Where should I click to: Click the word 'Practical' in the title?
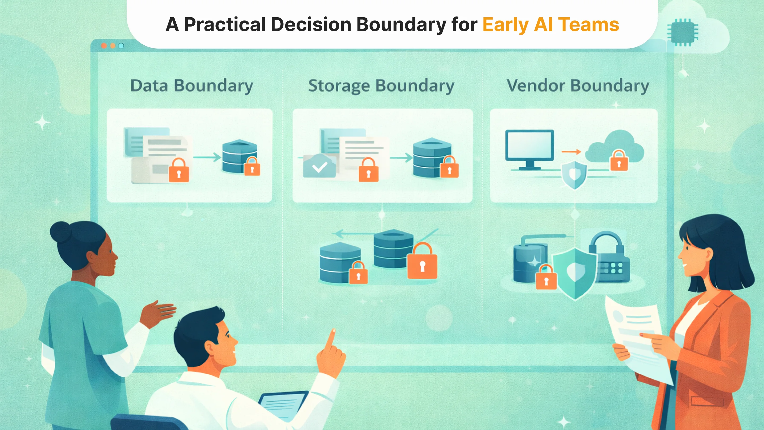click(x=225, y=24)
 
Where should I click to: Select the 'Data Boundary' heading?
click(x=192, y=86)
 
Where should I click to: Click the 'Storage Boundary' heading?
click(x=381, y=86)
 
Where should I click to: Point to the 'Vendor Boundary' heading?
click(x=578, y=86)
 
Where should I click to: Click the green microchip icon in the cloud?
click(x=683, y=32)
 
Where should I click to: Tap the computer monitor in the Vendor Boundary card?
click(x=530, y=149)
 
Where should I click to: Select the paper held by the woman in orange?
click(x=638, y=338)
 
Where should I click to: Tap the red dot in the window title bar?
click(x=104, y=46)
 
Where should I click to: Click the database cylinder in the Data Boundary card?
click(x=240, y=156)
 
